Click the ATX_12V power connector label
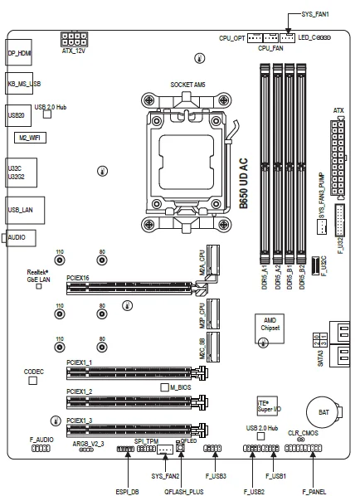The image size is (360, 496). click(x=74, y=51)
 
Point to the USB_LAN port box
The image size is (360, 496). click(x=20, y=210)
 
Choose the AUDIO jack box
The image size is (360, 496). click(x=17, y=237)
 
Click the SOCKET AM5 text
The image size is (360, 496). click(x=187, y=85)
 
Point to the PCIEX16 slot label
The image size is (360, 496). click(x=79, y=279)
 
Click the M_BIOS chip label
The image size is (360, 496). click(x=181, y=387)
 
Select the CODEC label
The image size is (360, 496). click(x=33, y=371)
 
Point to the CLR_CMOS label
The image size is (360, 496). click(x=304, y=433)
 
